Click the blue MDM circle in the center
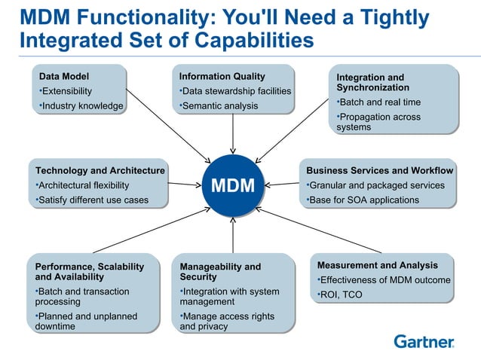[x=233, y=185]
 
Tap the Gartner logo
[x=424, y=342]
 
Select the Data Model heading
[x=64, y=76]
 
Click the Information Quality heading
[x=222, y=76]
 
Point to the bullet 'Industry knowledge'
[x=81, y=105]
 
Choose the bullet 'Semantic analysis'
[x=219, y=105]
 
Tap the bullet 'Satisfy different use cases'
[x=92, y=200]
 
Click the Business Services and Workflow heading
[x=379, y=170]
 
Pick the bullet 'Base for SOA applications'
[x=363, y=200]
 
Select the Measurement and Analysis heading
[x=377, y=265]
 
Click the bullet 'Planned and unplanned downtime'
[x=85, y=322]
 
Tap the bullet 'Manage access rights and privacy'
[x=227, y=322]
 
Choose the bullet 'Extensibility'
[x=66, y=91]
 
